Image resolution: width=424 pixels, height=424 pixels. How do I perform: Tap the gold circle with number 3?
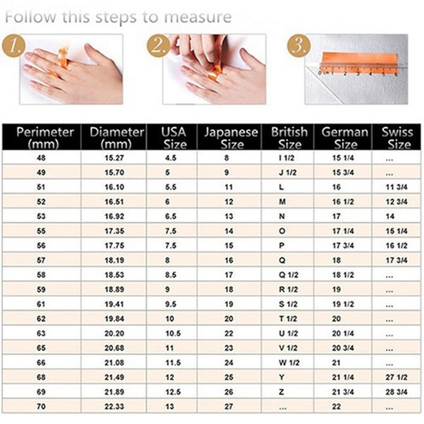click(298, 46)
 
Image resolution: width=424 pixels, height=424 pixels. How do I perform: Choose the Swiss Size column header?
click(396, 137)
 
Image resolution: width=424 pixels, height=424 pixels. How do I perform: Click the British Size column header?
click(289, 137)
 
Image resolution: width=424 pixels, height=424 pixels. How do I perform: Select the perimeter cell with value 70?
click(41, 407)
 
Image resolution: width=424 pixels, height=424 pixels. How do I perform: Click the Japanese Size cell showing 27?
click(228, 407)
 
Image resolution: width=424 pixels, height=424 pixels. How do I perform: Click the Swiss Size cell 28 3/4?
click(396, 392)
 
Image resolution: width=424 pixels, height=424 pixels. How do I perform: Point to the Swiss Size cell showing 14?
click(391, 216)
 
